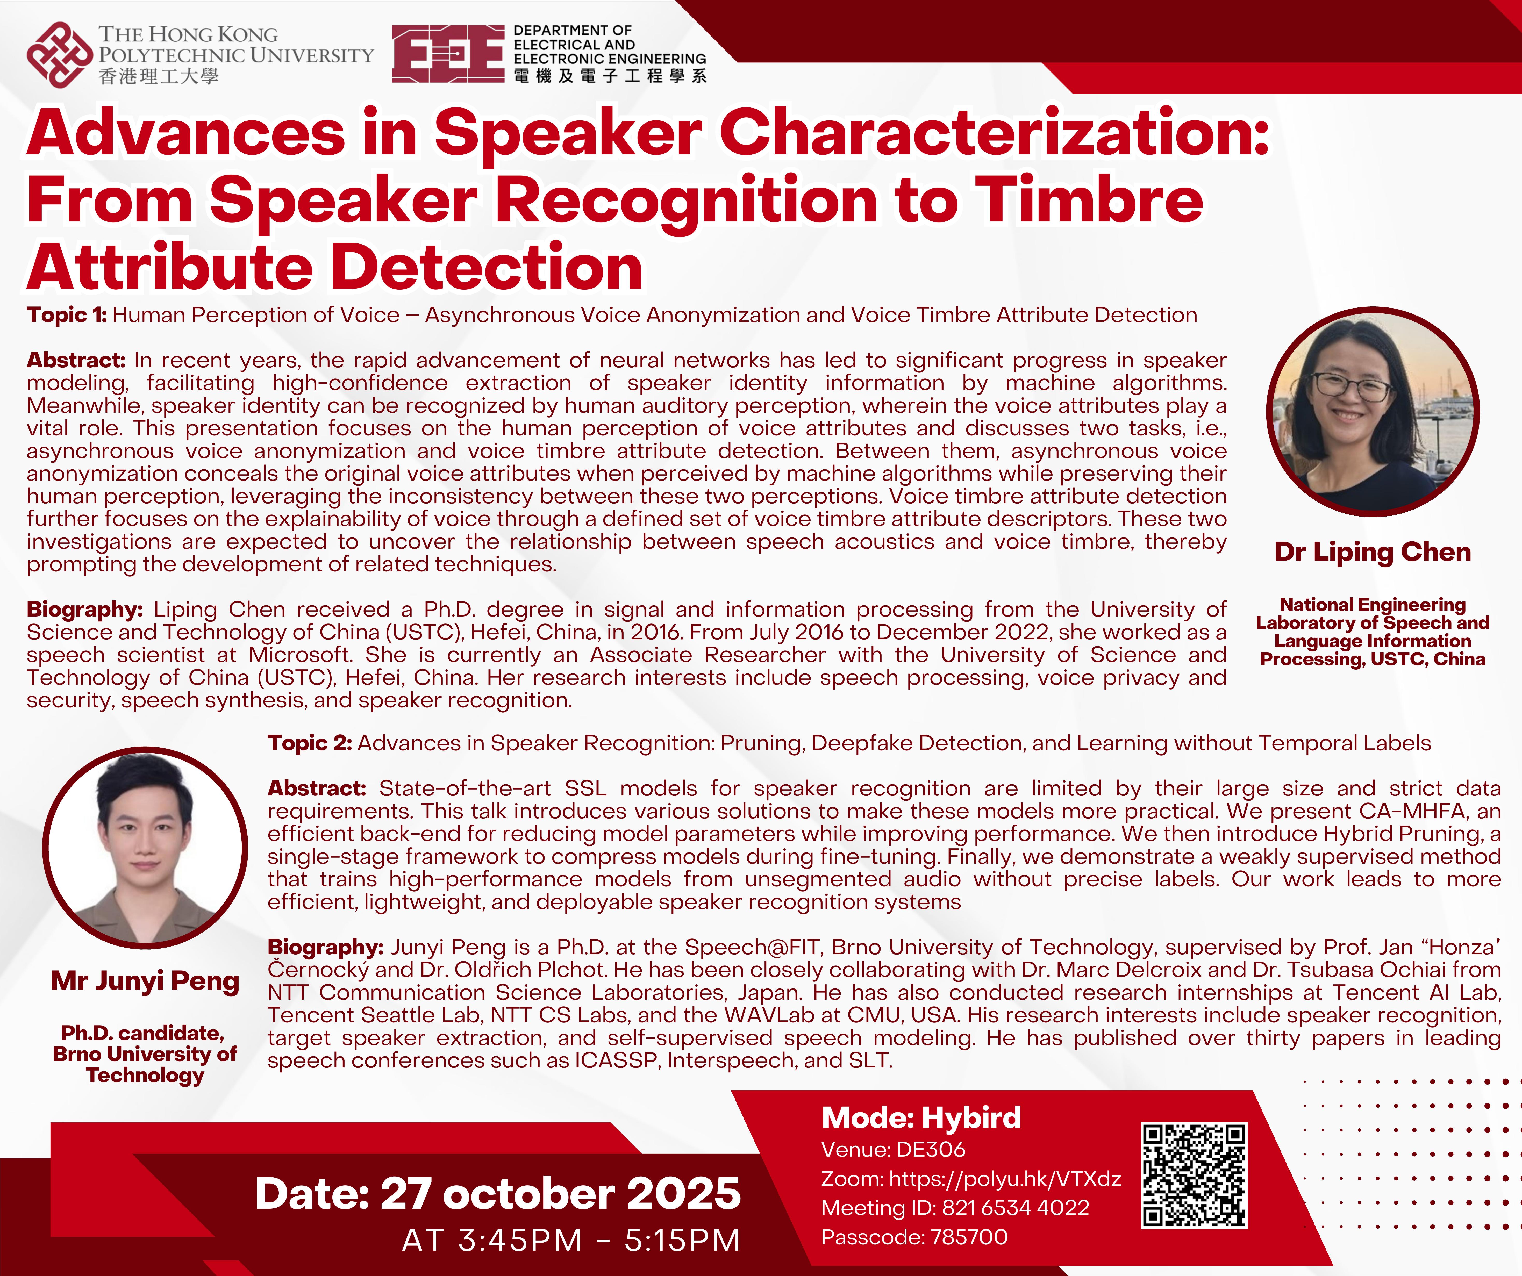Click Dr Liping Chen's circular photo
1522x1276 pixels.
(1373, 412)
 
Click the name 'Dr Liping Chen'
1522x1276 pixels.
(1373, 552)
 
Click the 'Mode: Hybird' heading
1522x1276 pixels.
(921, 1117)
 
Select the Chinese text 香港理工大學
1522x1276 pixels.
(158, 76)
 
